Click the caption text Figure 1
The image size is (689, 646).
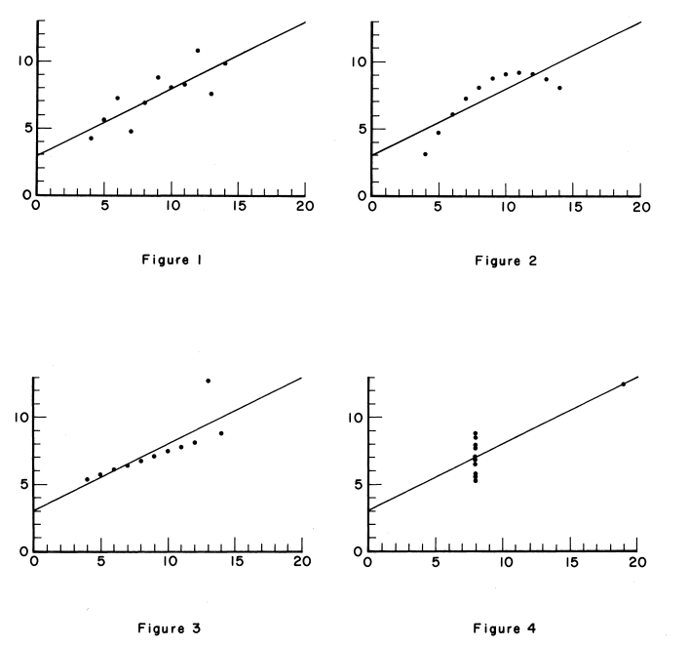[x=172, y=260]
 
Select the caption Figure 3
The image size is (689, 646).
[x=172, y=627]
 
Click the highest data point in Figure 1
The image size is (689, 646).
[x=197, y=50]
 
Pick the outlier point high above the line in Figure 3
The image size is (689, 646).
[x=208, y=381]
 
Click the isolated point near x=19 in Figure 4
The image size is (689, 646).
[x=624, y=384]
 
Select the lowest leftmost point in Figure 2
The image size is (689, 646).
[x=425, y=154]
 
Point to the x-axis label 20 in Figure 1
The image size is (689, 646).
[x=304, y=206]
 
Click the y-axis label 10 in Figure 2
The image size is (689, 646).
[x=358, y=61]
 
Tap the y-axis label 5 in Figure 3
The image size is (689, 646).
[x=23, y=484]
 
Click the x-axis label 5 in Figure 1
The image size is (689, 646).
[x=103, y=206]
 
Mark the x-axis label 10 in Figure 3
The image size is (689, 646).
[x=168, y=563]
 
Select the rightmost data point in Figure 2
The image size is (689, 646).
[x=559, y=88]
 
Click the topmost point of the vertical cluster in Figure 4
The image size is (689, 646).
[x=503, y=434]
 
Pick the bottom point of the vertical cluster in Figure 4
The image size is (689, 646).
[x=503, y=480]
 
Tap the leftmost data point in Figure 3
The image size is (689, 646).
[x=87, y=479]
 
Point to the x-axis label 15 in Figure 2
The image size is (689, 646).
[x=573, y=206]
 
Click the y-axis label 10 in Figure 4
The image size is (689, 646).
[x=358, y=418]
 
